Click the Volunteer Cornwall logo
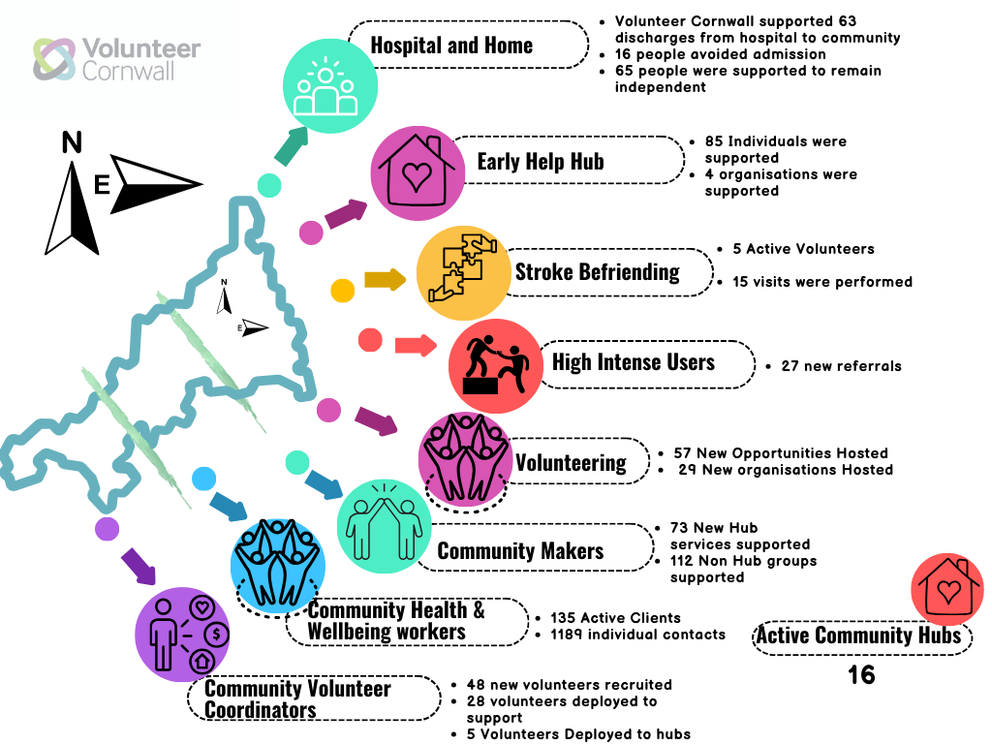(116, 59)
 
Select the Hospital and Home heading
(451, 46)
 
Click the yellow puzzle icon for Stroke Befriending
(464, 273)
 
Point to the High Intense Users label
(633, 363)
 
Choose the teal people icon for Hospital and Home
(329, 85)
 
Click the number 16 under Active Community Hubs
(861, 675)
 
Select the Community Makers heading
(520, 551)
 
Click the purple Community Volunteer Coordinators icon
(184, 634)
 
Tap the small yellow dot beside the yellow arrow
(343, 290)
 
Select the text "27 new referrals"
(841, 366)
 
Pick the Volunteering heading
(571, 463)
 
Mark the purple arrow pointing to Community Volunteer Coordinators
(139, 565)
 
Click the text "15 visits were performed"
(822, 282)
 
